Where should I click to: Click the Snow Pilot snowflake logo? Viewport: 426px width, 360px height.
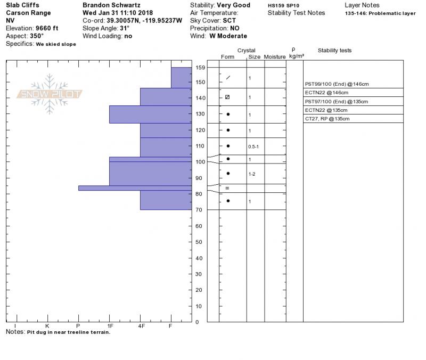click(50, 94)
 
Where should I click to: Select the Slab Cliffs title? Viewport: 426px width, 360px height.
click(22, 5)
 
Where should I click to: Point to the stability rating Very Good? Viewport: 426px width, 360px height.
click(233, 5)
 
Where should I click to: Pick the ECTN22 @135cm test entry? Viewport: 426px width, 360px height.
click(326, 110)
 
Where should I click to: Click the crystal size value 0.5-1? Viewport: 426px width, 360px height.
click(254, 146)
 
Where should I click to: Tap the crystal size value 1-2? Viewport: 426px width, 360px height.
click(252, 174)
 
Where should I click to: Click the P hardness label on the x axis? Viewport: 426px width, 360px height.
click(78, 325)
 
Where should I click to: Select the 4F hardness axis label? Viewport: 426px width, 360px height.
click(141, 325)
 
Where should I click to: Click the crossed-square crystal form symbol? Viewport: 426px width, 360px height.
click(227, 97)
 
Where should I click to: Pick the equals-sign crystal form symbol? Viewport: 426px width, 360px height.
click(227, 188)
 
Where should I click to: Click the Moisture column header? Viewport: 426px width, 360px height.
click(275, 56)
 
